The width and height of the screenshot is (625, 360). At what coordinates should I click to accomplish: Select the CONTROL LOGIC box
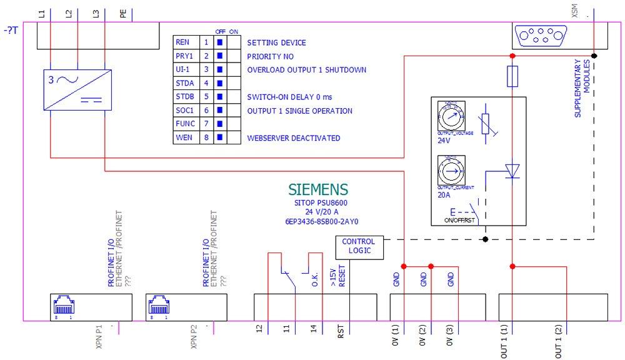pos(359,246)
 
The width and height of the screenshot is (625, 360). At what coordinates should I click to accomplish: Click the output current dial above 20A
pos(449,170)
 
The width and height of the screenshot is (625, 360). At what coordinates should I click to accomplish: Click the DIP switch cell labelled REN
pos(182,42)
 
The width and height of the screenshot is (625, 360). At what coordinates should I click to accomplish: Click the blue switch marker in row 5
pos(219,97)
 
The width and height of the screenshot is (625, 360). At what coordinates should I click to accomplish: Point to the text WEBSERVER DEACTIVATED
pos(294,138)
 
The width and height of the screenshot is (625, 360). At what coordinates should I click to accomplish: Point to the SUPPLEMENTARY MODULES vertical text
pos(582,88)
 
